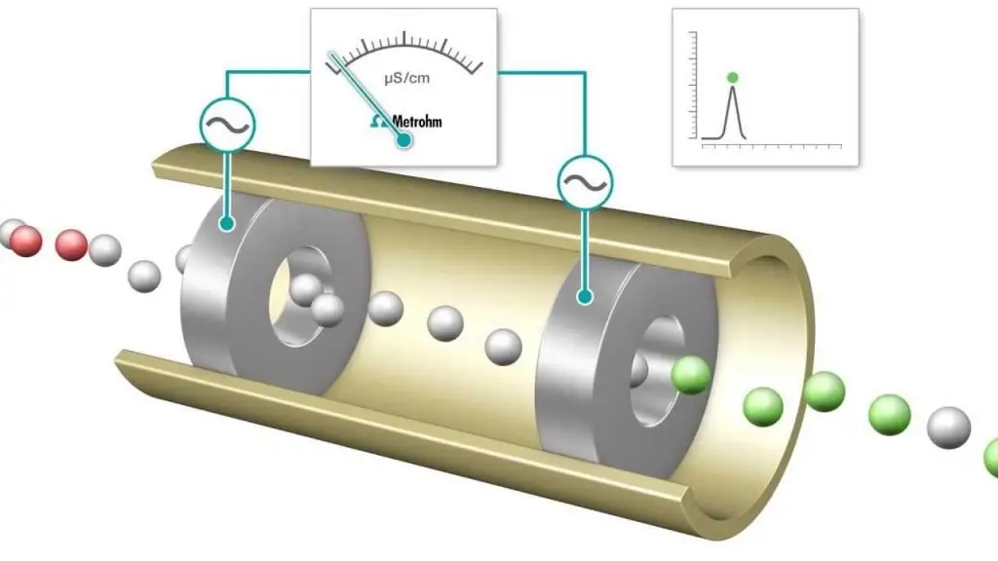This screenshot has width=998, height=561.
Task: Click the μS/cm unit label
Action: click(x=406, y=79)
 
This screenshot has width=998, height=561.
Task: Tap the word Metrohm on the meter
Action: click(x=417, y=121)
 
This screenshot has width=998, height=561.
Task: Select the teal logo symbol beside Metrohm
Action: click(x=379, y=121)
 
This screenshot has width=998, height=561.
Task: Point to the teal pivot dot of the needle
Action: click(x=403, y=140)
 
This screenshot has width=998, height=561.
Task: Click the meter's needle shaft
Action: click(x=366, y=96)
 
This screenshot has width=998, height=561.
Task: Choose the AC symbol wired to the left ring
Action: click(x=227, y=125)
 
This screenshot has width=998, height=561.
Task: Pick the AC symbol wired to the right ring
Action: click(x=585, y=183)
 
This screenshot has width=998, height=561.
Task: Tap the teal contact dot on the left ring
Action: click(x=226, y=223)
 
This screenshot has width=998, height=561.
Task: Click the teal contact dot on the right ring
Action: click(x=585, y=296)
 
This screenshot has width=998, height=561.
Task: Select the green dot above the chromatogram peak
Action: click(x=733, y=78)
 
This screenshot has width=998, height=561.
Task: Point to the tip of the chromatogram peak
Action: click(x=733, y=87)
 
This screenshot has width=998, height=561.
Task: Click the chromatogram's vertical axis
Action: click(x=695, y=85)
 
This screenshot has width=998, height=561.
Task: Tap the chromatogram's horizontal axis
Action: click(x=772, y=146)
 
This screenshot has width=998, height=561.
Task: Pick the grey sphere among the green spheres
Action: click(x=948, y=429)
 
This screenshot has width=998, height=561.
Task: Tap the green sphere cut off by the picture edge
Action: click(x=991, y=458)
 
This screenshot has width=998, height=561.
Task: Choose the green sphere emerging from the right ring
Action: click(x=691, y=375)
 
